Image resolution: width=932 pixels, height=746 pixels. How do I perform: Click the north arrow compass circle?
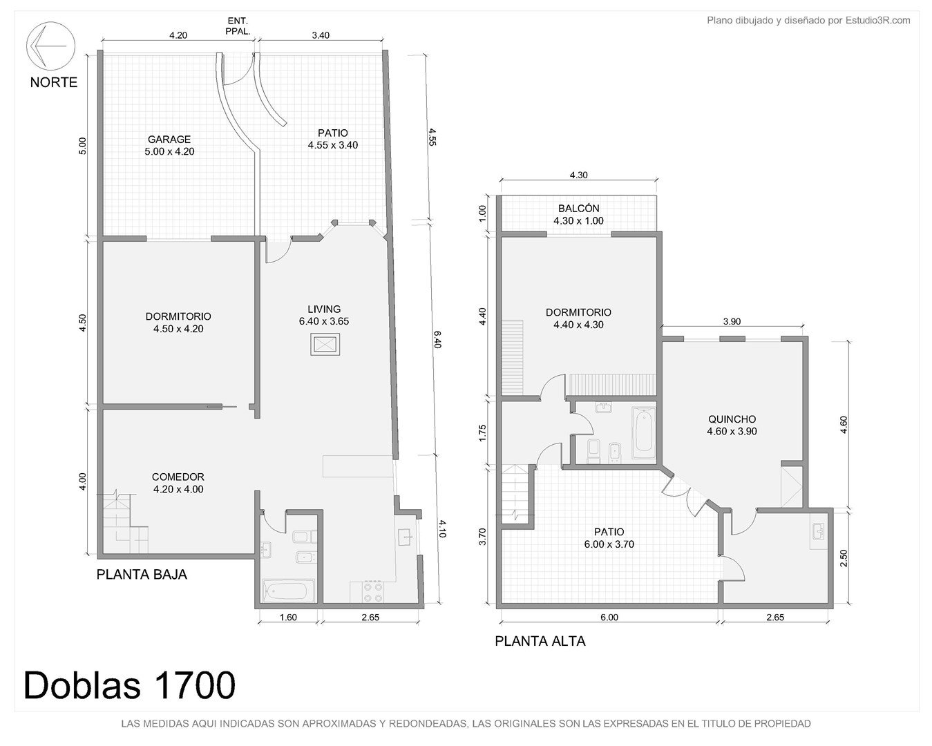click(x=50, y=25)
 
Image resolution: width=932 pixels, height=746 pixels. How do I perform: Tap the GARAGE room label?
click(x=169, y=140)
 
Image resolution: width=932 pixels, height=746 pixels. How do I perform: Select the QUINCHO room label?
click(x=732, y=419)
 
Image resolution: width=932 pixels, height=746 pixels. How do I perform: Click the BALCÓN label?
click(x=578, y=208)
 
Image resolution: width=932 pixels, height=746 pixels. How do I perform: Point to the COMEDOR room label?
click(x=178, y=477)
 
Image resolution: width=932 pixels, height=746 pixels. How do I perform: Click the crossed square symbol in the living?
click(x=325, y=345)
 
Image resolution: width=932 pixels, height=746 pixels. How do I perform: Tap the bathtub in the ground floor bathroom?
click(x=288, y=591)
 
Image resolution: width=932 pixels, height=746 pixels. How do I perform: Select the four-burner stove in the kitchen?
click(x=373, y=592)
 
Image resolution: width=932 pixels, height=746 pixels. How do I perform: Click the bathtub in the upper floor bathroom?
click(x=644, y=432)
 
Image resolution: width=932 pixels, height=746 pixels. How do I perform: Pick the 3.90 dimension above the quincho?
click(x=732, y=322)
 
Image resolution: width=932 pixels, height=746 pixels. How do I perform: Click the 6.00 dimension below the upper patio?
click(x=609, y=618)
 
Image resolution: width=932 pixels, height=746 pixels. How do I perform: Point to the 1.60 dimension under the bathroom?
click(x=288, y=618)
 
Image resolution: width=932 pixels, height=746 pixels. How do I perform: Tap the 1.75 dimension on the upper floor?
click(x=484, y=433)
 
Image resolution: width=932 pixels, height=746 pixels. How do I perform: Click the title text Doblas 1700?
click(x=129, y=685)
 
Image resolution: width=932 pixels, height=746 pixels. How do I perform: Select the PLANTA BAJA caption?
click(x=142, y=575)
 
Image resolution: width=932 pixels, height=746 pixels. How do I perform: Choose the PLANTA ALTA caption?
click(x=540, y=641)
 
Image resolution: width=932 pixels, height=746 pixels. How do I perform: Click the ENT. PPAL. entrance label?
click(x=238, y=26)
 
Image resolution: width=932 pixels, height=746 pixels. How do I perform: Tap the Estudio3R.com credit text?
click(x=878, y=20)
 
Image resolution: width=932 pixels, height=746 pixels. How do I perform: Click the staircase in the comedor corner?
click(x=125, y=523)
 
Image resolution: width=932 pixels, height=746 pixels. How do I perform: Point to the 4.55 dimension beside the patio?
click(x=432, y=137)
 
